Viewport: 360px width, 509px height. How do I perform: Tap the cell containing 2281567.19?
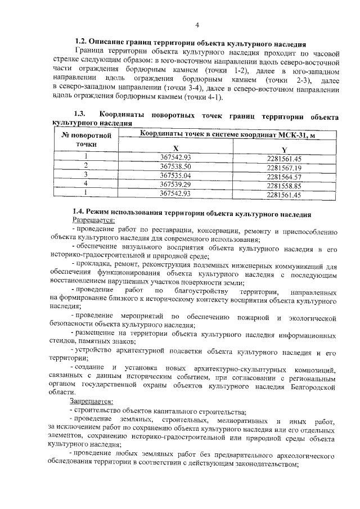[285, 168]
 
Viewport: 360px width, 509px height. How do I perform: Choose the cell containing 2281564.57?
[285, 176]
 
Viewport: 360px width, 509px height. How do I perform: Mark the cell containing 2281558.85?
[285, 185]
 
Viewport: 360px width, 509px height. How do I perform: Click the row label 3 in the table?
[86, 174]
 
